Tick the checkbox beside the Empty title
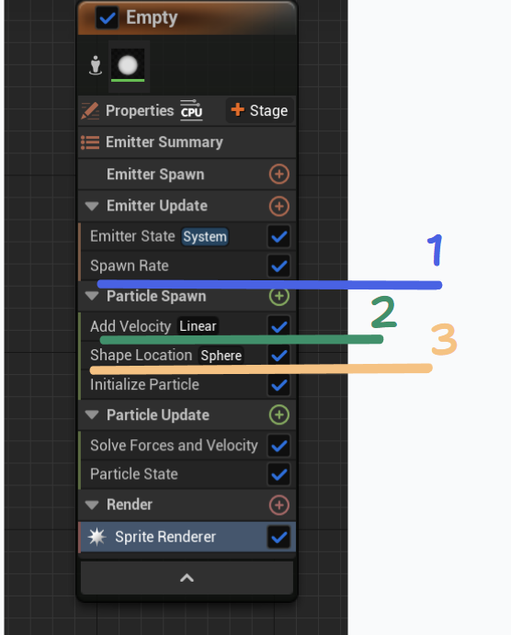coord(107,17)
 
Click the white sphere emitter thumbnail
coord(128,65)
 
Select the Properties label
coord(140,111)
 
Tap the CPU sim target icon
coord(191,109)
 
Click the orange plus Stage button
coord(259,110)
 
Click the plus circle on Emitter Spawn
coord(279,174)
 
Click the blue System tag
coord(204,236)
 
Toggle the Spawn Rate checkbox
coord(279,266)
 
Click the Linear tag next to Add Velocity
coord(198,326)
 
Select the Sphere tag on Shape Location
coord(221,356)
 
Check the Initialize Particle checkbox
coord(279,385)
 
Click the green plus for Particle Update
coord(279,414)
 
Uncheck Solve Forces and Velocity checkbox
coord(279,446)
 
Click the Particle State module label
coord(134,474)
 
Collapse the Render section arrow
coord(92,505)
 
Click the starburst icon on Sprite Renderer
coord(97,537)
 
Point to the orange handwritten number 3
coord(444,339)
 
